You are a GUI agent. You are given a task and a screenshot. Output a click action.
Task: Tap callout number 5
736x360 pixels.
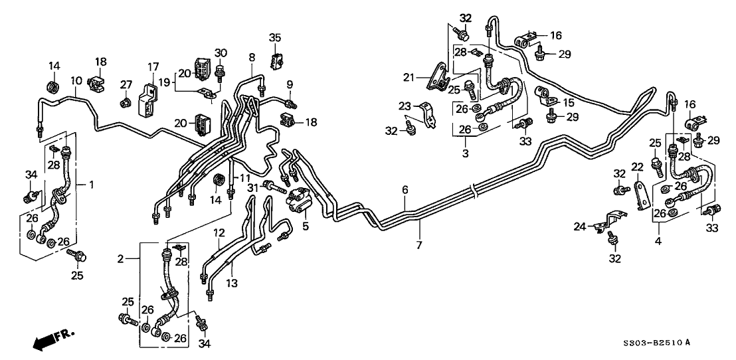point(305,225)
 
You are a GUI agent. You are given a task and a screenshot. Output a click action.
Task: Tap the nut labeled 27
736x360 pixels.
point(124,103)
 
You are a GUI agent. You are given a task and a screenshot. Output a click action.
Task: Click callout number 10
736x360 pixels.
point(77,81)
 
